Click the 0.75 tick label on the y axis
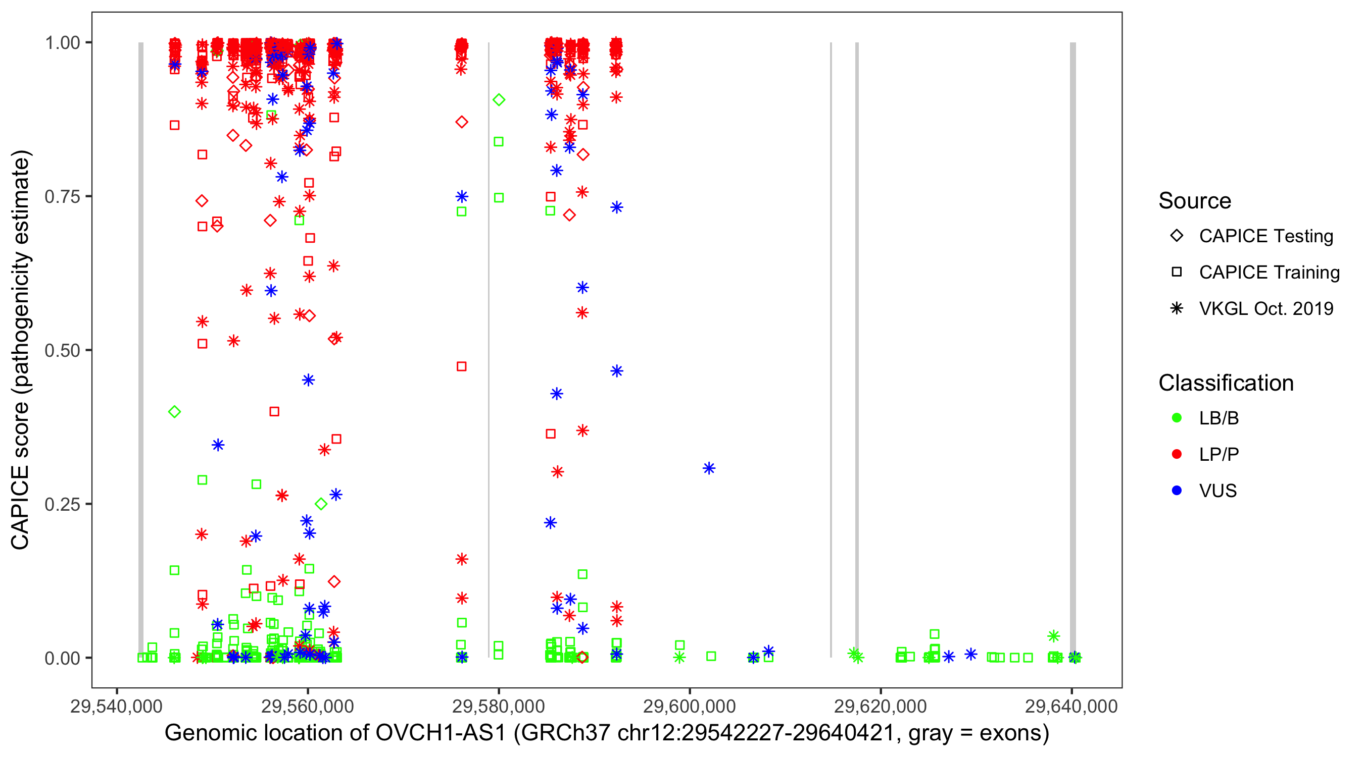[62, 197]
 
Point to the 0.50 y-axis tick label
[62, 350]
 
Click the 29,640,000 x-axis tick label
[1071, 706]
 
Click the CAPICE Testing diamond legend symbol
[1177, 236]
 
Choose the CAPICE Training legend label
[1269, 273]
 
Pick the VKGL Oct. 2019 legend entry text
[1266, 309]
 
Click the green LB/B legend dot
[1177, 418]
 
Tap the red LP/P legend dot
[1177, 454]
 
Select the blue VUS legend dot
[1177, 491]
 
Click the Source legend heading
[1195, 201]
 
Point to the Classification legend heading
[1226, 383]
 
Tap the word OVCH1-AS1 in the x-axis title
[441, 733]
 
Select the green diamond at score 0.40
[174, 412]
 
